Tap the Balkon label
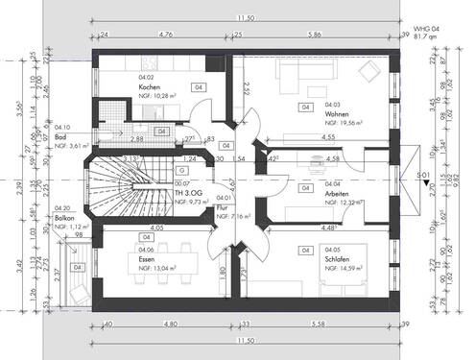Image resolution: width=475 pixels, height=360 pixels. pyautogui.click(x=63, y=218)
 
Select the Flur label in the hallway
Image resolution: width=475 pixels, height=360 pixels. pyautogui.click(x=222, y=206)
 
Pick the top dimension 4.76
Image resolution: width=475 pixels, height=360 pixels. pyautogui.click(x=164, y=34)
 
